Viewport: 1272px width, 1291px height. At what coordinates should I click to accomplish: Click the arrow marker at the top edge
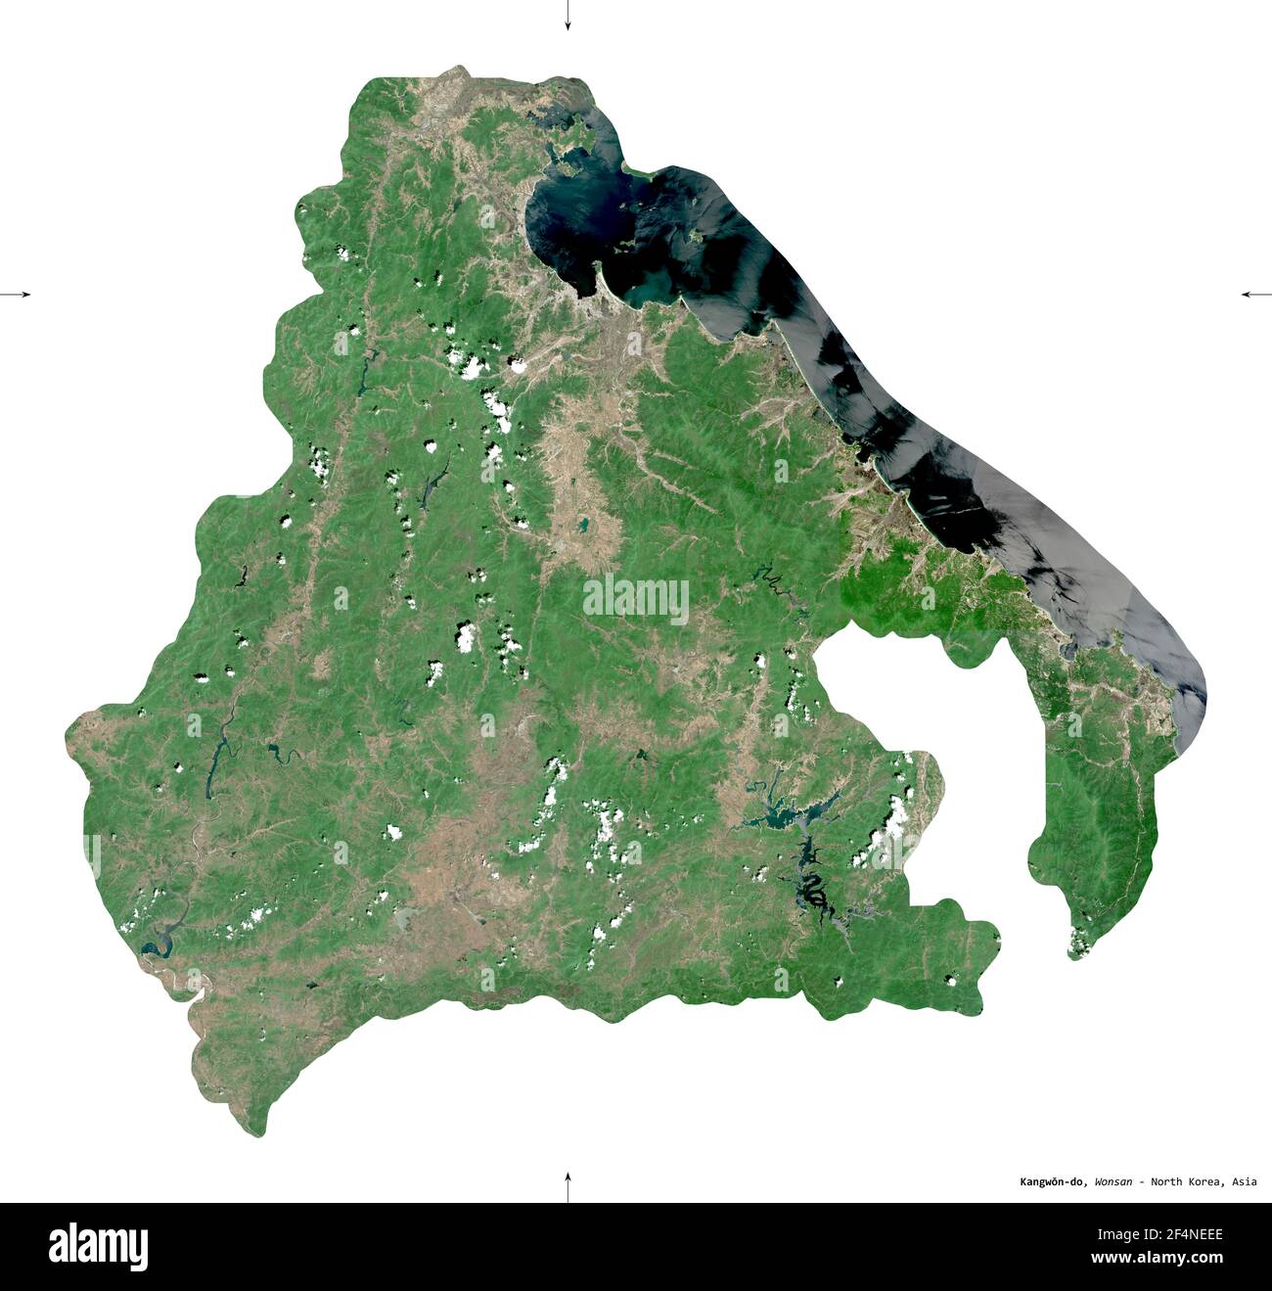coord(568,16)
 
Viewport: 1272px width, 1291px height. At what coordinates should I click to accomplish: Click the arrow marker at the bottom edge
coord(568,1186)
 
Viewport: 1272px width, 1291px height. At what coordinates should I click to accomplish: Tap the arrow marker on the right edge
coord(1255,294)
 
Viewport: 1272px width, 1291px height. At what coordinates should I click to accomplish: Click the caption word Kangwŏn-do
coord(1048,1182)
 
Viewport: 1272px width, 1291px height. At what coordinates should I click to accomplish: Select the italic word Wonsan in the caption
coord(1113,1182)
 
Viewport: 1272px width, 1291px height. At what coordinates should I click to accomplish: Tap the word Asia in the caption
coord(1245,1182)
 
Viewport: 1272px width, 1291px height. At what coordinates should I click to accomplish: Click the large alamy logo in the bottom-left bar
coord(98,1247)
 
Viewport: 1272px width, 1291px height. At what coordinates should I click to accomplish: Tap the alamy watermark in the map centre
coord(636,597)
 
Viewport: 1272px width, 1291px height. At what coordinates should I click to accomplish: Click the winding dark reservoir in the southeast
coord(812,886)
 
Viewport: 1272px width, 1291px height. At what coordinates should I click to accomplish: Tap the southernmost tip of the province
coord(256,1130)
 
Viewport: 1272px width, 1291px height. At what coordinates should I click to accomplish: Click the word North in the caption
coord(1166,1182)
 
